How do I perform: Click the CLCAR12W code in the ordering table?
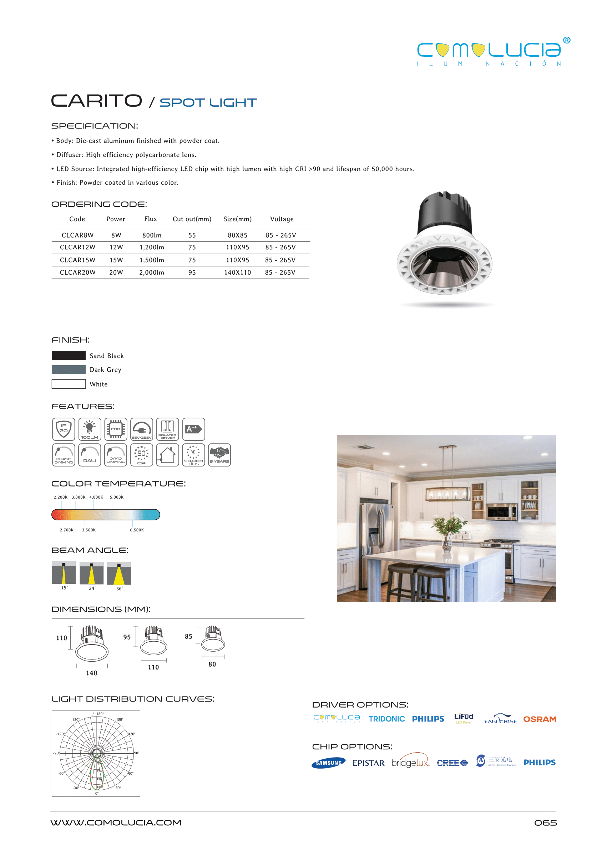click(77, 247)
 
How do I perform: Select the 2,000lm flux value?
click(151, 273)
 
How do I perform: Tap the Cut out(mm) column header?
click(192, 219)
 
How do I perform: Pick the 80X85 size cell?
click(237, 235)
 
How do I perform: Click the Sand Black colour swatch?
click(69, 356)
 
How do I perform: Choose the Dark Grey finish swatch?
click(69, 370)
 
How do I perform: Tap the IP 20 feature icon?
click(64, 429)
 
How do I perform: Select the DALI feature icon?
click(90, 455)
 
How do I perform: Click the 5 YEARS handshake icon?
click(219, 455)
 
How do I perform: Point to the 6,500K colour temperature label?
click(137, 530)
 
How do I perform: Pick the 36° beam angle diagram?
click(119, 574)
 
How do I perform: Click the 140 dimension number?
click(92, 673)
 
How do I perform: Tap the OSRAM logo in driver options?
click(539, 719)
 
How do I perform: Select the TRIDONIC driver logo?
click(386, 719)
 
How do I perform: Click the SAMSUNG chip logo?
click(328, 763)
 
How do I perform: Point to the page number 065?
click(545, 823)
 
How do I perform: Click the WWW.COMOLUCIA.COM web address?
click(116, 822)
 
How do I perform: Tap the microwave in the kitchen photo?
click(502, 511)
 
